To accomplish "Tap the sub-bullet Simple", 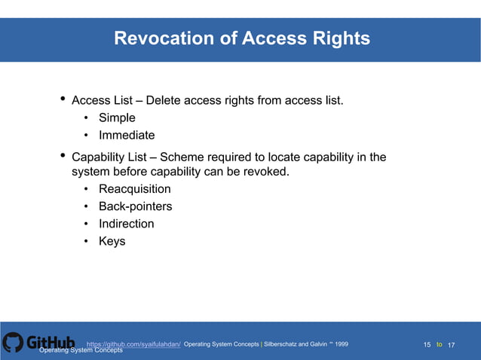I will click(117, 117).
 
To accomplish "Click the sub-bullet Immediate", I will click(127, 136).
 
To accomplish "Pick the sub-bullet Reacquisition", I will click(135, 189).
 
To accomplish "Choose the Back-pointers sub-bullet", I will click(135, 206).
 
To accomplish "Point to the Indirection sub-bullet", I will click(126, 224).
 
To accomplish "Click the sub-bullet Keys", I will click(112, 241).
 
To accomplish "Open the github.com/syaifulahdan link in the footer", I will click(133, 344).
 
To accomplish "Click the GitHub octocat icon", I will click(13, 343).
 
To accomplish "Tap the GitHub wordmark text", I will click(51, 343).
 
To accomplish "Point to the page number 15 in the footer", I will click(427, 345).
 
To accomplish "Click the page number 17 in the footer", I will click(452, 345).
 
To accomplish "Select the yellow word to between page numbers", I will click(440, 344).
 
